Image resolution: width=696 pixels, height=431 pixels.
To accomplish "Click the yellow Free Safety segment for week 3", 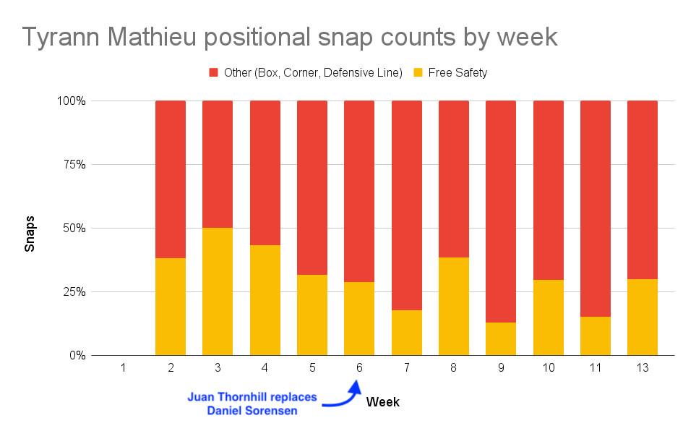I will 218,291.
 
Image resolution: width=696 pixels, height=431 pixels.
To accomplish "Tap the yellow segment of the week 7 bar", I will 406,333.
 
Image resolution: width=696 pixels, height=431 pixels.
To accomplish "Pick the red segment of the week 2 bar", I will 171,179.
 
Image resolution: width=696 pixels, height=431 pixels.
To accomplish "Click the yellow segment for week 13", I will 642,317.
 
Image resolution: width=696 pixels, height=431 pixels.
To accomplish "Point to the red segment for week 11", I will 596,208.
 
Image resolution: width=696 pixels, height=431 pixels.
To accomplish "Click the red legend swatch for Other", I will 214,72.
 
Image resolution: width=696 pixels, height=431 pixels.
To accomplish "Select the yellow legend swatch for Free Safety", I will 418,72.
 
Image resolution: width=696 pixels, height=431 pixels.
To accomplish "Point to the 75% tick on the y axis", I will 72,164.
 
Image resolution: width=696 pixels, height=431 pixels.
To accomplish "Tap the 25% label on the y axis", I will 72,291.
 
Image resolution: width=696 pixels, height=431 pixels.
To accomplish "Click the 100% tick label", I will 69,101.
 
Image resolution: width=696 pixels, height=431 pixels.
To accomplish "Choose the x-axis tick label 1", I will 124,368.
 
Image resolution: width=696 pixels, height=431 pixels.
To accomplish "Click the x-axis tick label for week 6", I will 359,368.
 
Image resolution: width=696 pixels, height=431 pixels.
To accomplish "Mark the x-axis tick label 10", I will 548,368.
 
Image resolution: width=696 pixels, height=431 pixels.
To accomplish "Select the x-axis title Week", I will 383,401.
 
